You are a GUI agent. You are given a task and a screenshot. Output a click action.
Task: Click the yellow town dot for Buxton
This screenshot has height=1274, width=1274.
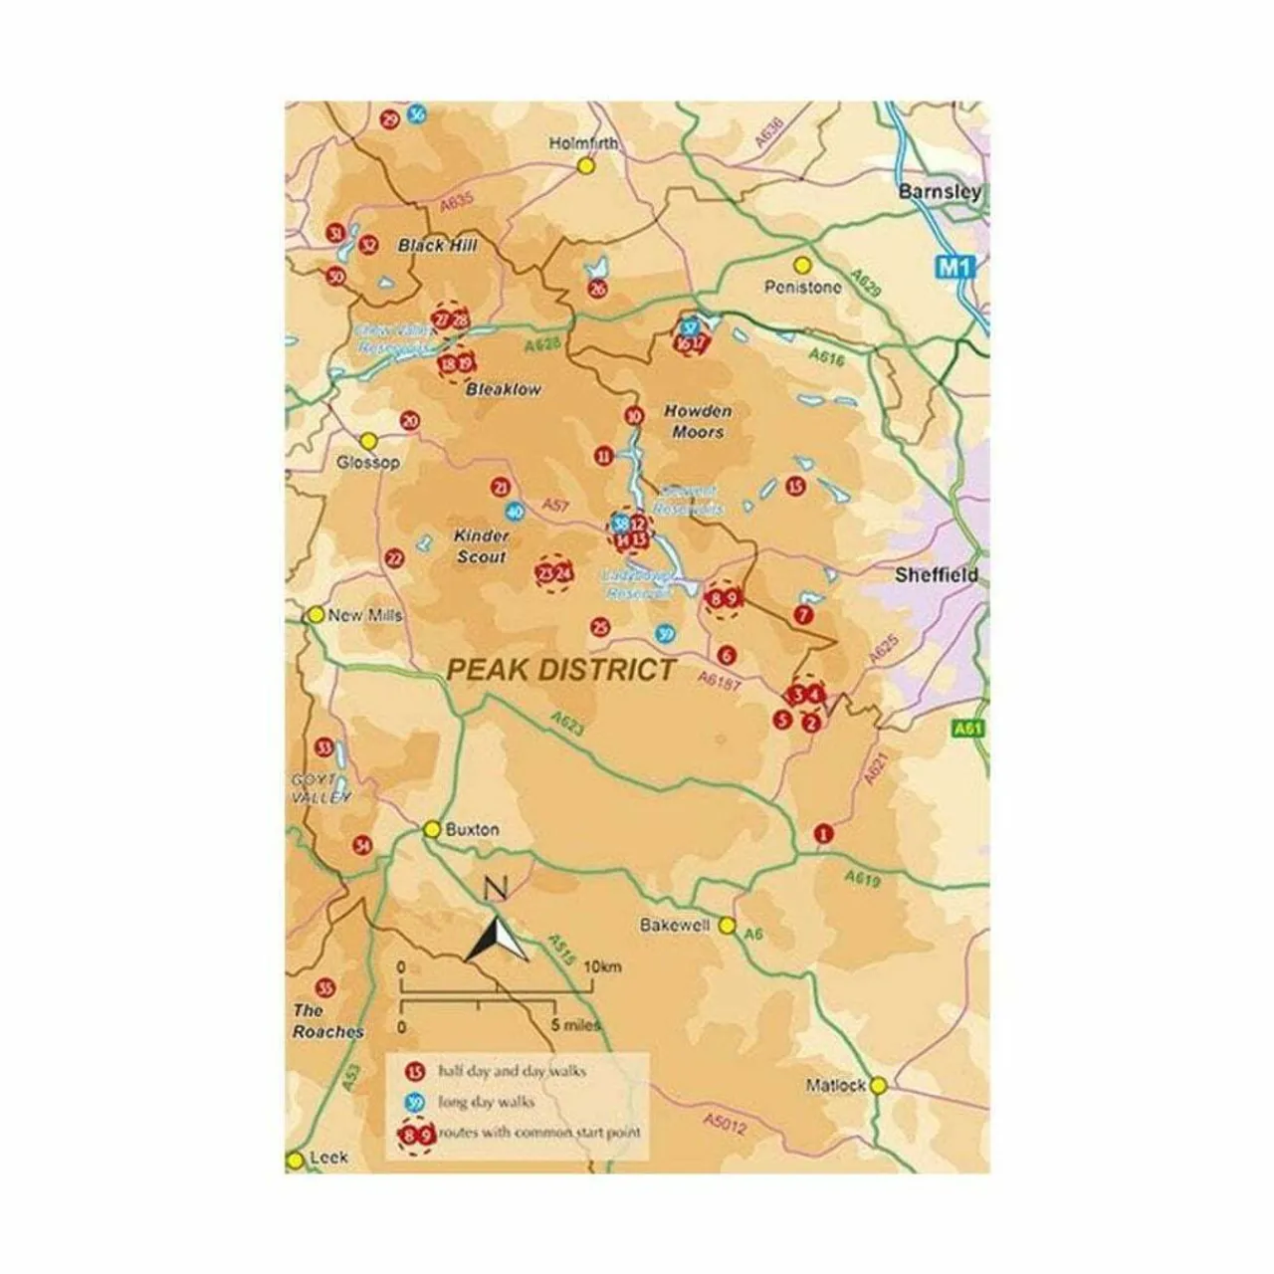pos(432,829)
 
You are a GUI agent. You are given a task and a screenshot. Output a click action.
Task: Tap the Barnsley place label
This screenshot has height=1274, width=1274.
pos(939,191)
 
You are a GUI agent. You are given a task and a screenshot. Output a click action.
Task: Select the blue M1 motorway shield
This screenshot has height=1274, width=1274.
pos(954,267)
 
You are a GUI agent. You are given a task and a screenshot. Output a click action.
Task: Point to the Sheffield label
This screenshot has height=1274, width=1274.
pos(936,575)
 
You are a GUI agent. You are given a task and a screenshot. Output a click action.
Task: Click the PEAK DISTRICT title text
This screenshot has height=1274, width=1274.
pos(561,670)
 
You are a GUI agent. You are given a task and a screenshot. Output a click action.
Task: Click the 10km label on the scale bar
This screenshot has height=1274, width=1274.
pos(602,966)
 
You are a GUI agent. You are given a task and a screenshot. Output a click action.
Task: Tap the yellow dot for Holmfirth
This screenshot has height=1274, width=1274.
pos(586,165)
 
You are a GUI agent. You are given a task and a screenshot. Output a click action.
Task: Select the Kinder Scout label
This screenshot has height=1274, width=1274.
pos(482,546)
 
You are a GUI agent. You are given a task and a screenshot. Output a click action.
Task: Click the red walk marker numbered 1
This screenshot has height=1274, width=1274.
pos(822,833)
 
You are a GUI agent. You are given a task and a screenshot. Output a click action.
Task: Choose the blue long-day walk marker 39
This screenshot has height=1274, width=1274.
pos(666,634)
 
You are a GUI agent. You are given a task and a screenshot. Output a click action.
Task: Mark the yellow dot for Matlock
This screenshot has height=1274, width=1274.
pos(878,1086)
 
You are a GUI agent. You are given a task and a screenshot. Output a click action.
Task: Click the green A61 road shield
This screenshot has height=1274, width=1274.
pos(967,729)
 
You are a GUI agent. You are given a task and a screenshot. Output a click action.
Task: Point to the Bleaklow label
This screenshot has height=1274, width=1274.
pos(504,390)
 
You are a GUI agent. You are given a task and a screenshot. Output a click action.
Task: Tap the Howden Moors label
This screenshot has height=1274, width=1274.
pos(698,422)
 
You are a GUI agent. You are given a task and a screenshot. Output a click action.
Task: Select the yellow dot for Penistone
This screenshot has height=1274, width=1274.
pos(802,266)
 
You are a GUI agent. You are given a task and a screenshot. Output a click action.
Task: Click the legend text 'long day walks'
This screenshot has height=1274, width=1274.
pos(486,1102)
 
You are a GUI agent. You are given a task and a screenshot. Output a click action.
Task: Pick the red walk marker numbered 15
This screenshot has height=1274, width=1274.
pos(794,487)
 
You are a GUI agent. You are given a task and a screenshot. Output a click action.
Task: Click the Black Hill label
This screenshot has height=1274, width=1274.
pos(438,245)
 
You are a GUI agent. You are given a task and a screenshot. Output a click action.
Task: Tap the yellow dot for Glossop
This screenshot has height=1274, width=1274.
pos(368,441)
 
